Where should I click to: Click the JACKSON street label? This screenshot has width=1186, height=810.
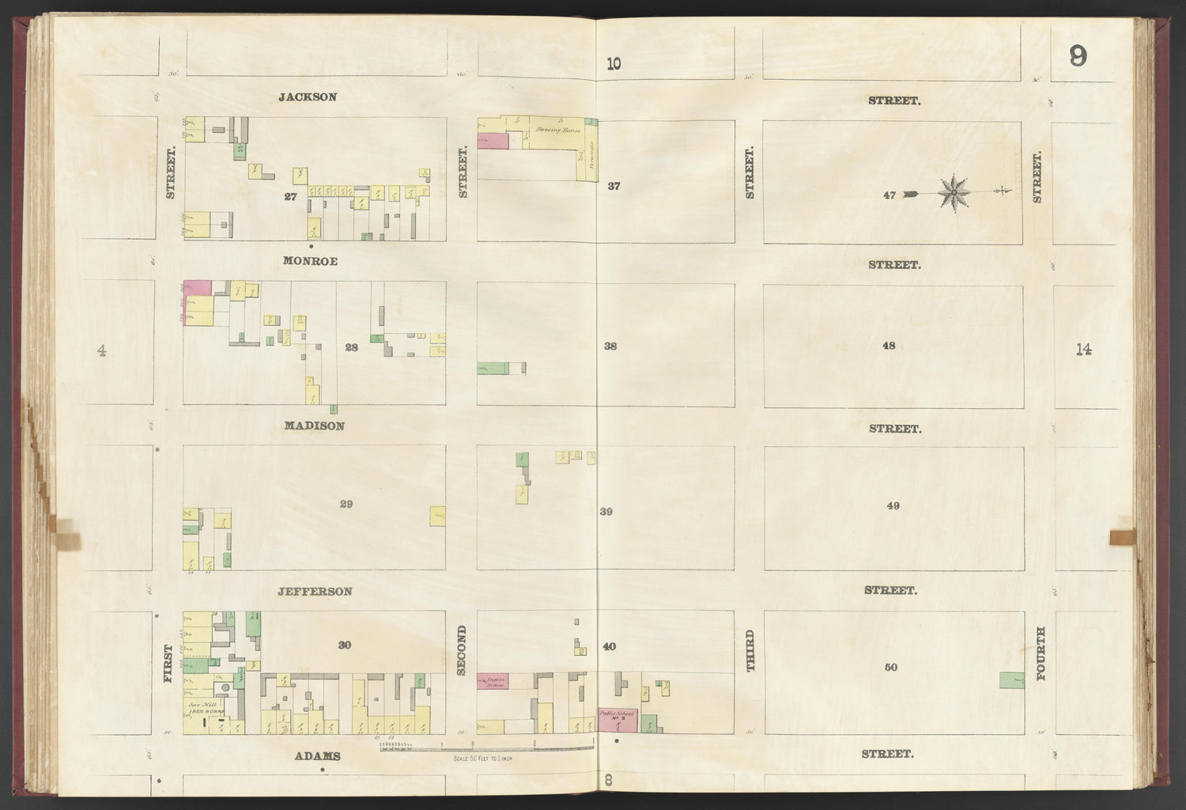(x=308, y=97)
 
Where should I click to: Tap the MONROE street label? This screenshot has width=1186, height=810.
(x=312, y=261)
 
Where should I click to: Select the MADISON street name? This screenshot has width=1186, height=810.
(x=315, y=426)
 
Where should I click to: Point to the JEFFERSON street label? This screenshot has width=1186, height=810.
(x=315, y=591)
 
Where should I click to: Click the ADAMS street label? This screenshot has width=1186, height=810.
(x=317, y=755)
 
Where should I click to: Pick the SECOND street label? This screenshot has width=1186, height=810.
(x=463, y=650)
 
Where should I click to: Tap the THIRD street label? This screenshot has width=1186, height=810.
(x=751, y=652)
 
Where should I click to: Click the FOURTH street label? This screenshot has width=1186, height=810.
(x=1041, y=653)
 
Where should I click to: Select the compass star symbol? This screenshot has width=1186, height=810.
(x=954, y=192)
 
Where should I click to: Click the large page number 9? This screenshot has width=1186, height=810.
(x=1077, y=57)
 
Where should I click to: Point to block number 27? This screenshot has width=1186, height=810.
(x=290, y=196)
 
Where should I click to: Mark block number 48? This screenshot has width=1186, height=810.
(x=889, y=346)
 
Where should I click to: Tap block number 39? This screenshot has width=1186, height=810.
(x=606, y=512)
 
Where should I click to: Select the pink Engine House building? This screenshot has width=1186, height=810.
(x=493, y=680)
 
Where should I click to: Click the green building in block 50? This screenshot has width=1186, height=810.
(x=1011, y=679)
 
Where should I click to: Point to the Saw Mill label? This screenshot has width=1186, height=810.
(x=200, y=703)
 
